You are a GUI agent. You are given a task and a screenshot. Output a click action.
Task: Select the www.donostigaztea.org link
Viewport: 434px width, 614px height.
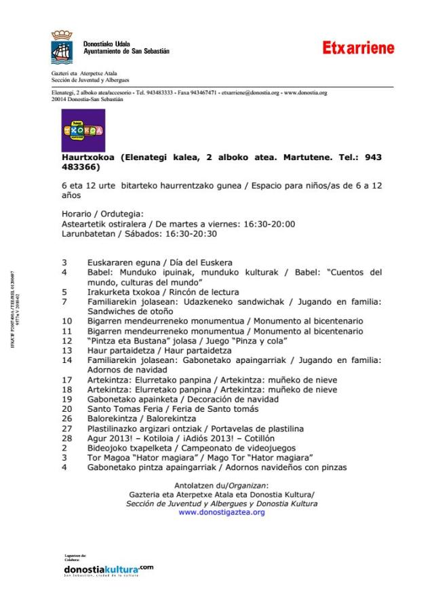pyautogui.click(x=222, y=513)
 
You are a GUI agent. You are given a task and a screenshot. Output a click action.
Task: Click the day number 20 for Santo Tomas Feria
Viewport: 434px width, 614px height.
pyautogui.click(x=66, y=408)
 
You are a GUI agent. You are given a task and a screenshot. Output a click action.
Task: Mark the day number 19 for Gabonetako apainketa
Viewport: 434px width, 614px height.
pyautogui.click(x=66, y=399)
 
